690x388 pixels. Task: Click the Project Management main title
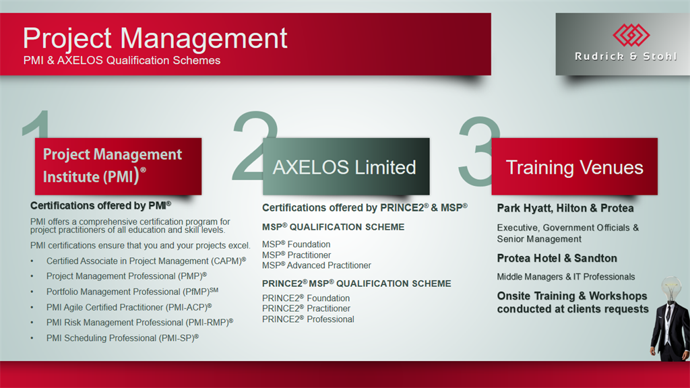tap(155, 38)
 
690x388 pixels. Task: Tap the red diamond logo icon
tap(631, 35)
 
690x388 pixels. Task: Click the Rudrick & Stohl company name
tap(625, 57)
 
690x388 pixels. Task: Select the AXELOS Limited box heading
tap(344, 168)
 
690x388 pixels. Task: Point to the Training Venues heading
tap(574, 168)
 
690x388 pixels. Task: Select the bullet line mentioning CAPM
tap(146, 261)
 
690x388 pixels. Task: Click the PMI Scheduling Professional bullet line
tap(123, 338)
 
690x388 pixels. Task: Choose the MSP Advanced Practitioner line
tap(317, 265)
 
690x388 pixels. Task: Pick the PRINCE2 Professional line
tap(308, 319)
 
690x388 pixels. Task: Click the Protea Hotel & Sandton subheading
tap(557, 258)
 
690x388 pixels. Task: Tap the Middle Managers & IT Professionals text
tap(566, 277)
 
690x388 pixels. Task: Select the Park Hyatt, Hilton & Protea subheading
tap(565, 208)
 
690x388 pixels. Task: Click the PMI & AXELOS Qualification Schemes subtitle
tap(122, 60)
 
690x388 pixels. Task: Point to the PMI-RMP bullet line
tap(140, 323)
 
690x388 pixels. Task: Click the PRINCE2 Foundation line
tap(306, 298)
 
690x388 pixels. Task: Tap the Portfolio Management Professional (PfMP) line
tap(133, 292)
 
